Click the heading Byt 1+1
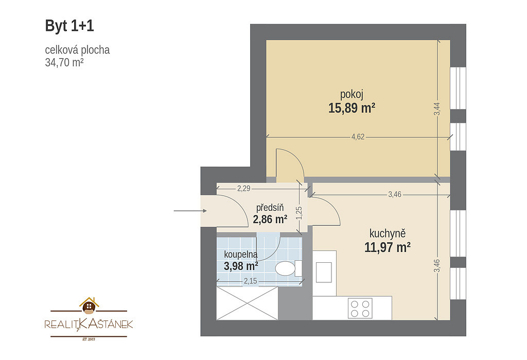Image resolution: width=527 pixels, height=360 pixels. coord(69,26)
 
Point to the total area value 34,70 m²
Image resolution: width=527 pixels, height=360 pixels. coord(64,62)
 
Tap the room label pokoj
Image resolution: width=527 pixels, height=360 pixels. coord(352,95)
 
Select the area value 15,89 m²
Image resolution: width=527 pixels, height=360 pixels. coord(352,108)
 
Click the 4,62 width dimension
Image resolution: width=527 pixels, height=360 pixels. coord(358,137)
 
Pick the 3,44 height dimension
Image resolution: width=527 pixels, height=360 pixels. coord(436,109)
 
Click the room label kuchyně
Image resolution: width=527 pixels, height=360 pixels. coord(388,233)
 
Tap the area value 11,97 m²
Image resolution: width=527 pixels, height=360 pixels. coord(388,247)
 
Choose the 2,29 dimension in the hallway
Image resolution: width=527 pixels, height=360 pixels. coord(243,188)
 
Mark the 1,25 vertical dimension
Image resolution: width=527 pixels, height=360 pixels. coord(299,213)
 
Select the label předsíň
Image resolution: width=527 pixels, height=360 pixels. coord(270,208)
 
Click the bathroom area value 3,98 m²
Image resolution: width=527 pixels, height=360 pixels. coord(241,266)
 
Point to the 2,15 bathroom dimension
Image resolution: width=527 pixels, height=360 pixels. coord(251,281)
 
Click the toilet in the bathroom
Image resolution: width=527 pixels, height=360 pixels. coord(289,268)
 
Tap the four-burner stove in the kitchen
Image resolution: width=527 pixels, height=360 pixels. coord(360,308)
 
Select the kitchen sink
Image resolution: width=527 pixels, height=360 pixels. coord(324,273)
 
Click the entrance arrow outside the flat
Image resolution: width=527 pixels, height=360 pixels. coord(190,211)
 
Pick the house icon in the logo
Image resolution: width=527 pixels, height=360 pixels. coord(89,305)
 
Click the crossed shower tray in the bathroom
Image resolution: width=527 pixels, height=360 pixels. coord(248,303)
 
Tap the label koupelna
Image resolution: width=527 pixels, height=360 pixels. coord(241,255)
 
